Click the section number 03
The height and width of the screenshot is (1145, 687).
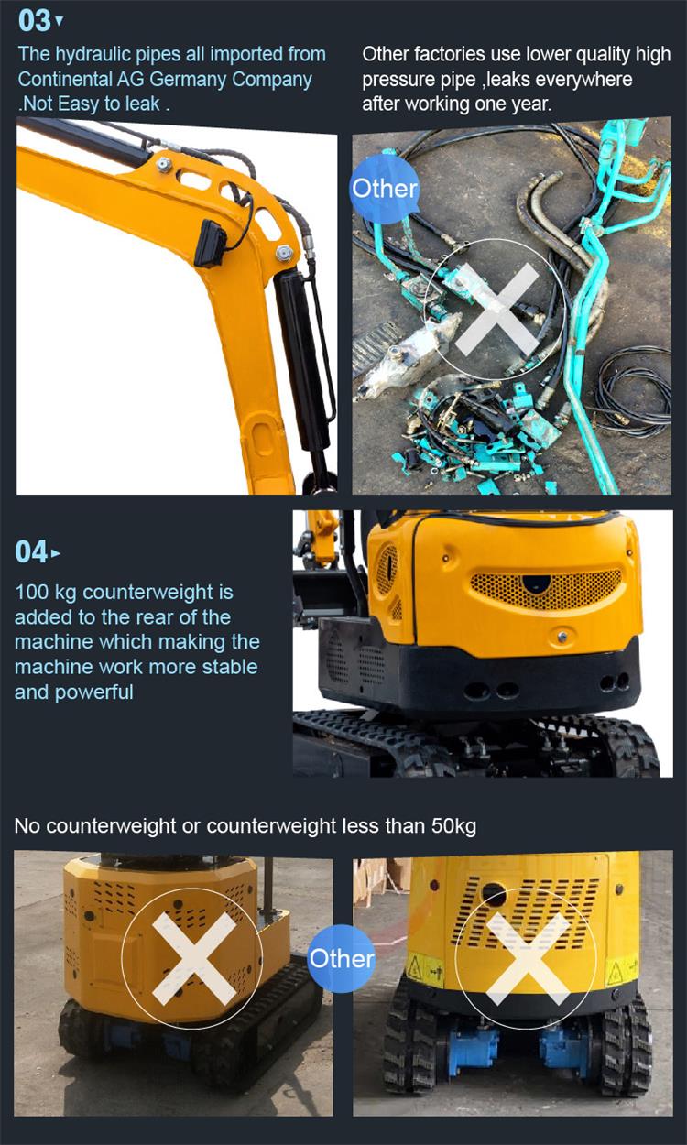tap(34, 21)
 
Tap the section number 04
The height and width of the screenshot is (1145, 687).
tap(31, 552)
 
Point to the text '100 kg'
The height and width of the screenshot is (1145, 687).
tap(46, 593)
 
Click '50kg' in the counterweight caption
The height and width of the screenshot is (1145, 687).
tap(453, 825)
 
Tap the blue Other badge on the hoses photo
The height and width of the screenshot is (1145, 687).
tap(385, 189)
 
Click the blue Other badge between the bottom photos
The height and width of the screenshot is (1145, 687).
tap(342, 958)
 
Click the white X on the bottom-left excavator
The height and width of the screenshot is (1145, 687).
tap(193, 957)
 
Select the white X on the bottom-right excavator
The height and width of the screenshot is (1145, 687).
tap(527, 957)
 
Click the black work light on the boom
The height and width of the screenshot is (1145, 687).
tap(210, 244)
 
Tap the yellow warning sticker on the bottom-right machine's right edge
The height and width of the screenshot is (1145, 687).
tap(621, 970)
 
